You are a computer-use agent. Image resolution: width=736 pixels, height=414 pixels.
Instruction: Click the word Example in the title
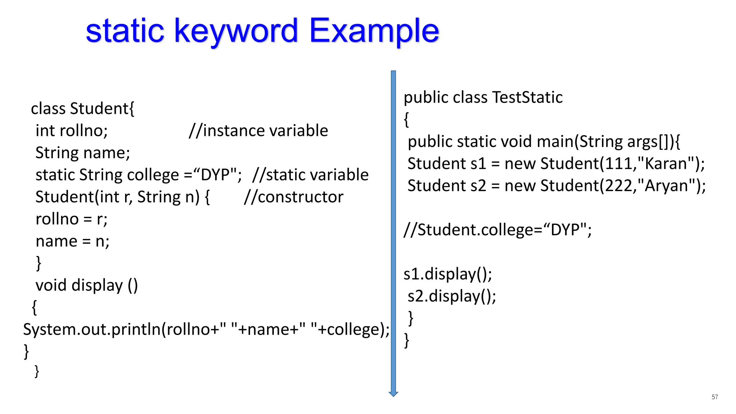[374, 31]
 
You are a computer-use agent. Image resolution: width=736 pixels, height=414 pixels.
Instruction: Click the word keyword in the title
[236, 31]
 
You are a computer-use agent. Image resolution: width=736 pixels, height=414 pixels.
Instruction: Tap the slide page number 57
[714, 397]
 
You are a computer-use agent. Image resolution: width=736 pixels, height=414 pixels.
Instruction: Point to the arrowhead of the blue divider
[394, 394]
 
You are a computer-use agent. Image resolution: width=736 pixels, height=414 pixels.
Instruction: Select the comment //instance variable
[258, 130]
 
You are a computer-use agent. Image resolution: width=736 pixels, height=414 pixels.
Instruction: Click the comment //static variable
[310, 175]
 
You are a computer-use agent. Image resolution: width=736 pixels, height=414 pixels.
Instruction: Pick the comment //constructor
[294, 197]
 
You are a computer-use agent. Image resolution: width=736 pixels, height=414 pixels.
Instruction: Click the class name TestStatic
[527, 97]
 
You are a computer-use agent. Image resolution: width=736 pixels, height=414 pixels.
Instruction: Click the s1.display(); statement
[447, 274]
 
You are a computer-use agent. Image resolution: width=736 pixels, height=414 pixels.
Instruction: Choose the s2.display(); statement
[452, 296]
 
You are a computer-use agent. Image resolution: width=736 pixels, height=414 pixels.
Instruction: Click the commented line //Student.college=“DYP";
[497, 230]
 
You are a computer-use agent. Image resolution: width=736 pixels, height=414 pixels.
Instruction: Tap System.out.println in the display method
[92, 330]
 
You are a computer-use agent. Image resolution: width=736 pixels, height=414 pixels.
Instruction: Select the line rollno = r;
[72, 219]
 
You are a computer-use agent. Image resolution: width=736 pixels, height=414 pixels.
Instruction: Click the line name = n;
[72, 241]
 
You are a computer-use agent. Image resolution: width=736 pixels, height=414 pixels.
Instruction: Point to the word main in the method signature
[554, 142]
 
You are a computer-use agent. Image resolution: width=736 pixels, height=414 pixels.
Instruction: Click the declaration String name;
[83, 153]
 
